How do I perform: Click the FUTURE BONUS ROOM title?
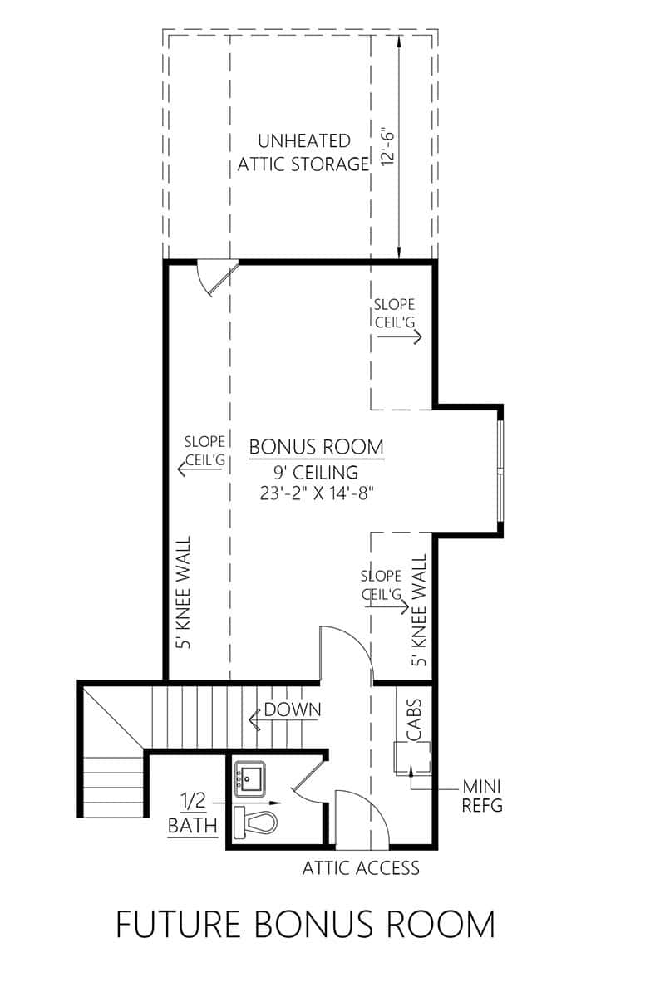pyautogui.click(x=305, y=924)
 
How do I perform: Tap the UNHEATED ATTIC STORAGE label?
pyautogui.click(x=303, y=152)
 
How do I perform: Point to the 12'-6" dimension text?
pyautogui.click(x=387, y=147)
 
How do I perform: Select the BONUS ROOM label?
pyautogui.click(x=316, y=447)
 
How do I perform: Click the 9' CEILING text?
pyautogui.click(x=316, y=473)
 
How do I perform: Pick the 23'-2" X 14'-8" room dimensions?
pyautogui.click(x=316, y=493)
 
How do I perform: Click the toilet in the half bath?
pyautogui.click(x=256, y=822)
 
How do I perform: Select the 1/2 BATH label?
pyautogui.click(x=194, y=814)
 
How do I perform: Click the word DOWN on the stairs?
pyautogui.click(x=292, y=709)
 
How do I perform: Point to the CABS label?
pyautogui.click(x=413, y=719)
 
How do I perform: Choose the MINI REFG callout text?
pyautogui.click(x=483, y=795)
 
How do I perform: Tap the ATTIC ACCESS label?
pyautogui.click(x=361, y=869)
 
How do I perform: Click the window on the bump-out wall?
pyautogui.click(x=500, y=471)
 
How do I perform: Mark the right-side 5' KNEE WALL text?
pyautogui.click(x=419, y=612)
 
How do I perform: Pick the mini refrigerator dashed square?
pyautogui.click(x=412, y=757)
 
